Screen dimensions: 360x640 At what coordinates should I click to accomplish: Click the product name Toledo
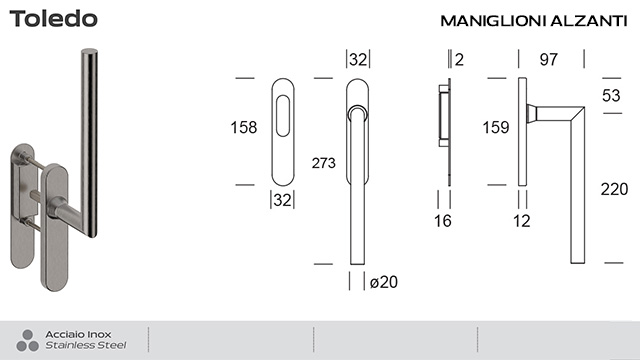point(54,20)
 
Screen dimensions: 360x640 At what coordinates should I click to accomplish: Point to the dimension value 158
point(243,127)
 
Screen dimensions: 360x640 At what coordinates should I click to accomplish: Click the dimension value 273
point(323,163)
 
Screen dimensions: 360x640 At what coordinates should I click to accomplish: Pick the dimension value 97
point(548,60)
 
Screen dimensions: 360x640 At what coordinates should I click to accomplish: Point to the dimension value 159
point(497,127)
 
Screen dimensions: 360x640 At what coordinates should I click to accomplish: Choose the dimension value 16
point(444,221)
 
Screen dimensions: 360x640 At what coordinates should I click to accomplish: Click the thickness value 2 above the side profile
point(458,60)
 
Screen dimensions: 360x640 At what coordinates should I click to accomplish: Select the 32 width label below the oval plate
point(282,200)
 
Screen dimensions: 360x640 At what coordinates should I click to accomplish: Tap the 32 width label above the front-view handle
point(359,60)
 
